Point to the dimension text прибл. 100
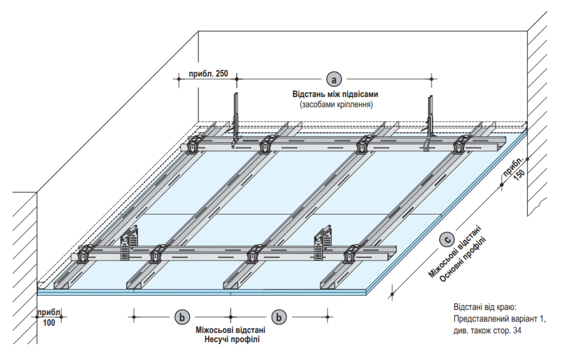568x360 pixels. coord(50,317)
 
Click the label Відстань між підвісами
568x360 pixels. coord(335,94)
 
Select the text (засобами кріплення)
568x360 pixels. coord(336,104)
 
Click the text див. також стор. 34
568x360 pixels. coord(487,330)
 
